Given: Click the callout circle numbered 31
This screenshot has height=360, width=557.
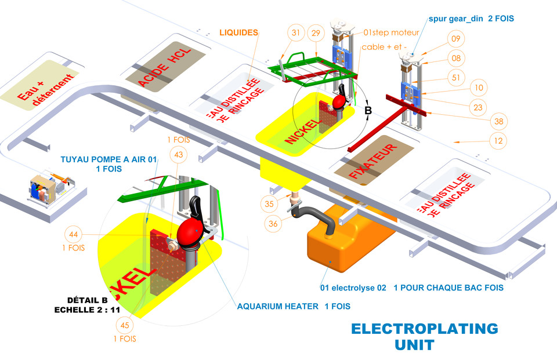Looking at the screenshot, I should (x=296, y=34).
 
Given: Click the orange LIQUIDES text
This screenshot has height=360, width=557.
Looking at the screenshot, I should (x=238, y=32).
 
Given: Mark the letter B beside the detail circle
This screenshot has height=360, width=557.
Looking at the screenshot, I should (x=367, y=110).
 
